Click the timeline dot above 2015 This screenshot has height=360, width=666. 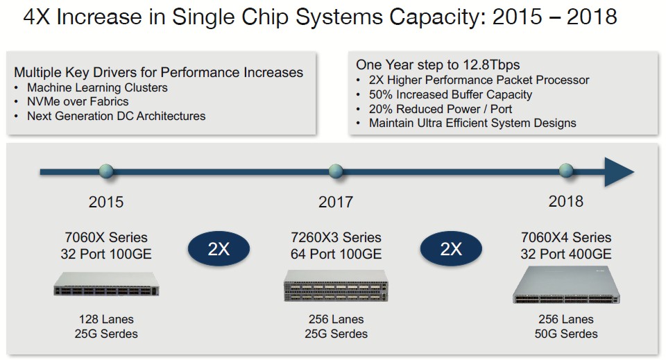(x=106, y=171)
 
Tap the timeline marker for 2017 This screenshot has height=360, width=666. (x=336, y=171)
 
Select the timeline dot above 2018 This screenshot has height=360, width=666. (x=566, y=171)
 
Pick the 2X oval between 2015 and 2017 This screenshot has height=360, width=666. (x=219, y=249)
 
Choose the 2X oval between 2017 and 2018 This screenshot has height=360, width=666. (x=451, y=249)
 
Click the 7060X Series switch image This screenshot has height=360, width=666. (x=106, y=284)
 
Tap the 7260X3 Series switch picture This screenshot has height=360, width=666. (x=336, y=286)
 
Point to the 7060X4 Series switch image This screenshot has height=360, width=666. (x=566, y=285)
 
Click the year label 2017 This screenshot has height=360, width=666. (x=336, y=202)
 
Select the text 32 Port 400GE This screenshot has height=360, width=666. (x=566, y=254)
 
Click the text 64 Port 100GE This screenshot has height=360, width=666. (x=336, y=254)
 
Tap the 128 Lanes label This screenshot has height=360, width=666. (x=106, y=319)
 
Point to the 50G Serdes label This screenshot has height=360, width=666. (x=566, y=334)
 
